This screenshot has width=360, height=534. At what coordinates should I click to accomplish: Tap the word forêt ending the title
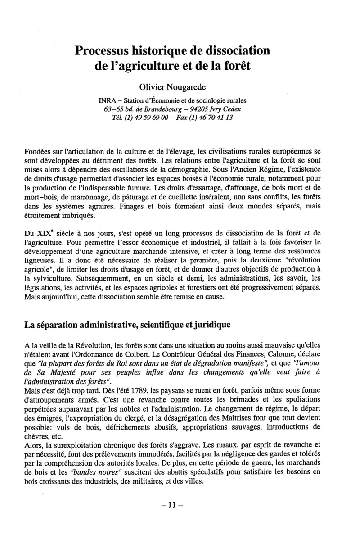coord(234,66)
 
